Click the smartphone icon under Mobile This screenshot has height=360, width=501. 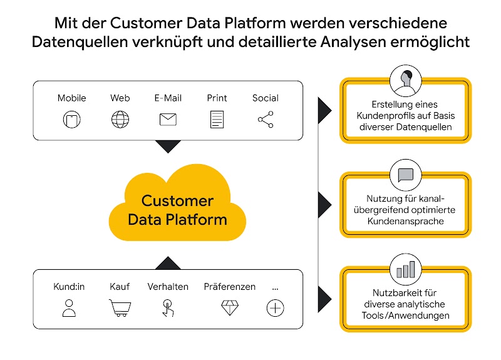coord(71,119)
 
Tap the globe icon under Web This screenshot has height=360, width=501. coord(120,119)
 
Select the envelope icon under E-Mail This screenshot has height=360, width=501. coord(168,119)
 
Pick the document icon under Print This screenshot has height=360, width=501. coord(217,119)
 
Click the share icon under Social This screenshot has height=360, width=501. coord(266,119)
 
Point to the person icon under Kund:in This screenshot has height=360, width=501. coord(69,307)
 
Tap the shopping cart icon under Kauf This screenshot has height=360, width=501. coord(120,307)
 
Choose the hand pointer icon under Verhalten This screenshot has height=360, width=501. coord(167,307)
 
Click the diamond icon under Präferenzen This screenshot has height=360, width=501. coord(229,307)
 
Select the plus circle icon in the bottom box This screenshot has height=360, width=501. coord(276,307)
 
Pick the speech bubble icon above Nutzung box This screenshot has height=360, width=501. coord(405,175)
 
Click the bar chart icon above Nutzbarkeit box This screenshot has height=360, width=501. coord(405,270)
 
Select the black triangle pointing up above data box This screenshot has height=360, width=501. coord(167,262)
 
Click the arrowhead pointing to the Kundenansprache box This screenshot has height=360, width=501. coord(324,202)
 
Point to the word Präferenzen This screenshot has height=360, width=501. coord(229,287)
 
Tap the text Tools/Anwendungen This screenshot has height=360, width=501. coord(405,316)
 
